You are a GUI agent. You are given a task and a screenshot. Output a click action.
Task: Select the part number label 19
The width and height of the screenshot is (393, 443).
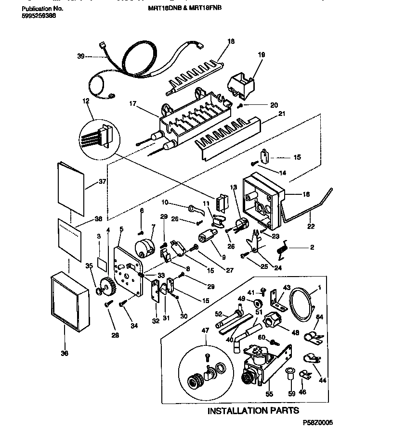261,55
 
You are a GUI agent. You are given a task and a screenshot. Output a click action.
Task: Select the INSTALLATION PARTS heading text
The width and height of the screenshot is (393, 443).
253,410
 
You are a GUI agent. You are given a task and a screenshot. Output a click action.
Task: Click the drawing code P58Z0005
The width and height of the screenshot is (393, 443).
317,422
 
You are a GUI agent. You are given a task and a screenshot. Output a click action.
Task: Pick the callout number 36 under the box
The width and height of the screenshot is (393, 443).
65,354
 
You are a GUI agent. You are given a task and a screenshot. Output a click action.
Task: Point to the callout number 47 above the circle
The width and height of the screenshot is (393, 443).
207,330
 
